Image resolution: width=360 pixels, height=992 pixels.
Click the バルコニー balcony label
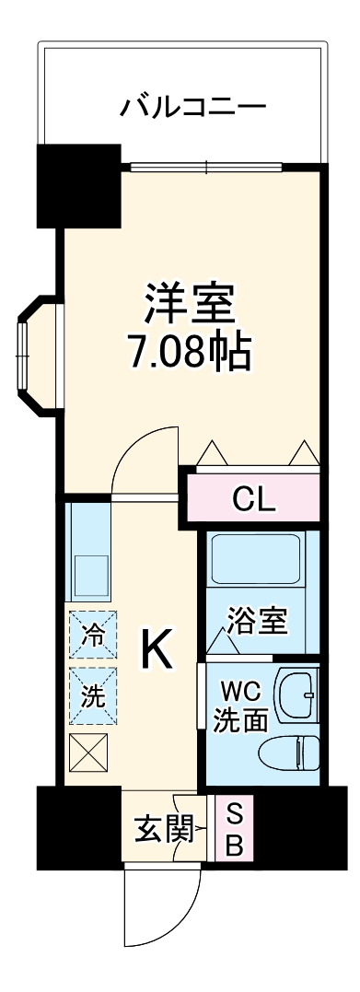(193, 107)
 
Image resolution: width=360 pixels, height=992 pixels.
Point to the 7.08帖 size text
(191, 351)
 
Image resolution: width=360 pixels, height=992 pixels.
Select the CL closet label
(253, 500)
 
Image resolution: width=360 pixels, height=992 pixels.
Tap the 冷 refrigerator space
(92, 633)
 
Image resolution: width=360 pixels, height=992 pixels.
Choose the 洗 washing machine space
(92, 696)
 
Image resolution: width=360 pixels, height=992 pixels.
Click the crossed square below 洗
(88, 756)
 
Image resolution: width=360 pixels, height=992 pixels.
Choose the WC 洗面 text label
(241, 705)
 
